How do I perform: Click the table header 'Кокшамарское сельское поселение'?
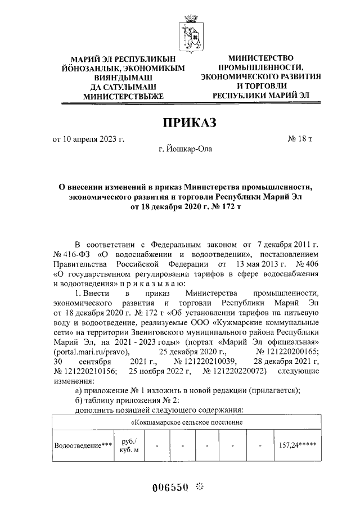[188, 422]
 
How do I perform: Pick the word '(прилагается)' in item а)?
[277, 392]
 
